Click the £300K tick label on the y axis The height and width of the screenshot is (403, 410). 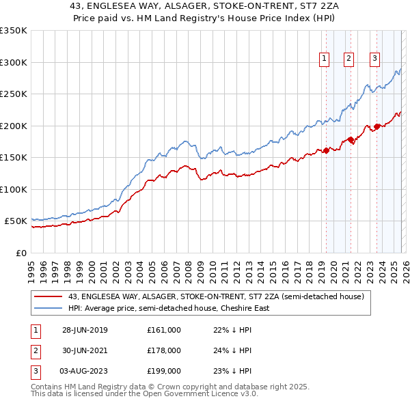pos(14,62)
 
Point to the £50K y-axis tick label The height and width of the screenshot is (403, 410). pos(16,221)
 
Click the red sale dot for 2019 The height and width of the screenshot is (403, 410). pos(326,150)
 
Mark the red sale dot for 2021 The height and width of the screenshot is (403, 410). pos(351,140)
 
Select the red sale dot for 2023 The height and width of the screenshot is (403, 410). pos(377,126)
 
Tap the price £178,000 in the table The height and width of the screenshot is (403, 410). pos(164,350)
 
